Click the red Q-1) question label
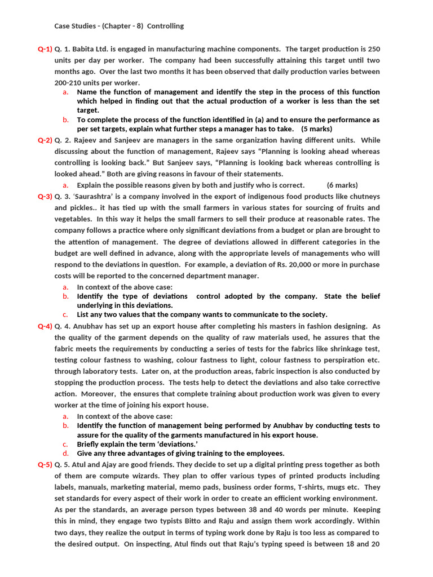(45, 49)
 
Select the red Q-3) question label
(45, 197)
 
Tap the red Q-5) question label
(45, 465)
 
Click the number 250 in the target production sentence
(373, 49)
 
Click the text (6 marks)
(342, 185)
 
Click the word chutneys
(364, 197)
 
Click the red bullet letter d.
(66, 453)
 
